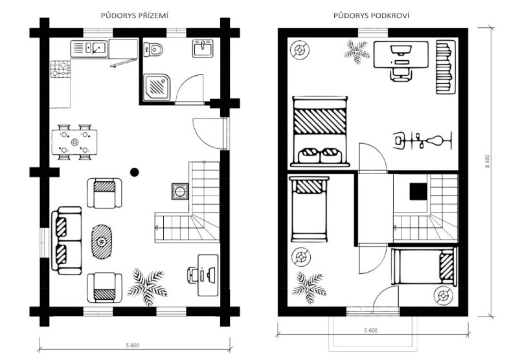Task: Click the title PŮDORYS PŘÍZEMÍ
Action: [x=135, y=16]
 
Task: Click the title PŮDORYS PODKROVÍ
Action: [x=371, y=16]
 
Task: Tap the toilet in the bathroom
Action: [x=153, y=50]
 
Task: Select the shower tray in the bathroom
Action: [x=157, y=87]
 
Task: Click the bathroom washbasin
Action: [x=203, y=48]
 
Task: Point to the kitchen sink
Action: [x=89, y=49]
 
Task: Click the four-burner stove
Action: [x=60, y=69]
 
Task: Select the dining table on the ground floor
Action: [x=74, y=142]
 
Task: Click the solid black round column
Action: [x=135, y=172]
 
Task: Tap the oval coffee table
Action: [x=102, y=242]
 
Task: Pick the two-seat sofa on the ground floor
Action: [x=67, y=241]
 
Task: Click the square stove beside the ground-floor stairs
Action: [x=180, y=192]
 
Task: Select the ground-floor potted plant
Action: [x=148, y=286]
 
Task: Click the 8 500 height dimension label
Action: [x=488, y=161]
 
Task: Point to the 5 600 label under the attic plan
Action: [x=370, y=330]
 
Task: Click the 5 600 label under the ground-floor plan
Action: [x=133, y=346]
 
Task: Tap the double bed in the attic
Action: [x=320, y=131]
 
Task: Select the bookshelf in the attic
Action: [x=445, y=67]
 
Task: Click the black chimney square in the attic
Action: [x=418, y=192]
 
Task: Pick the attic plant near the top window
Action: [x=356, y=52]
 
